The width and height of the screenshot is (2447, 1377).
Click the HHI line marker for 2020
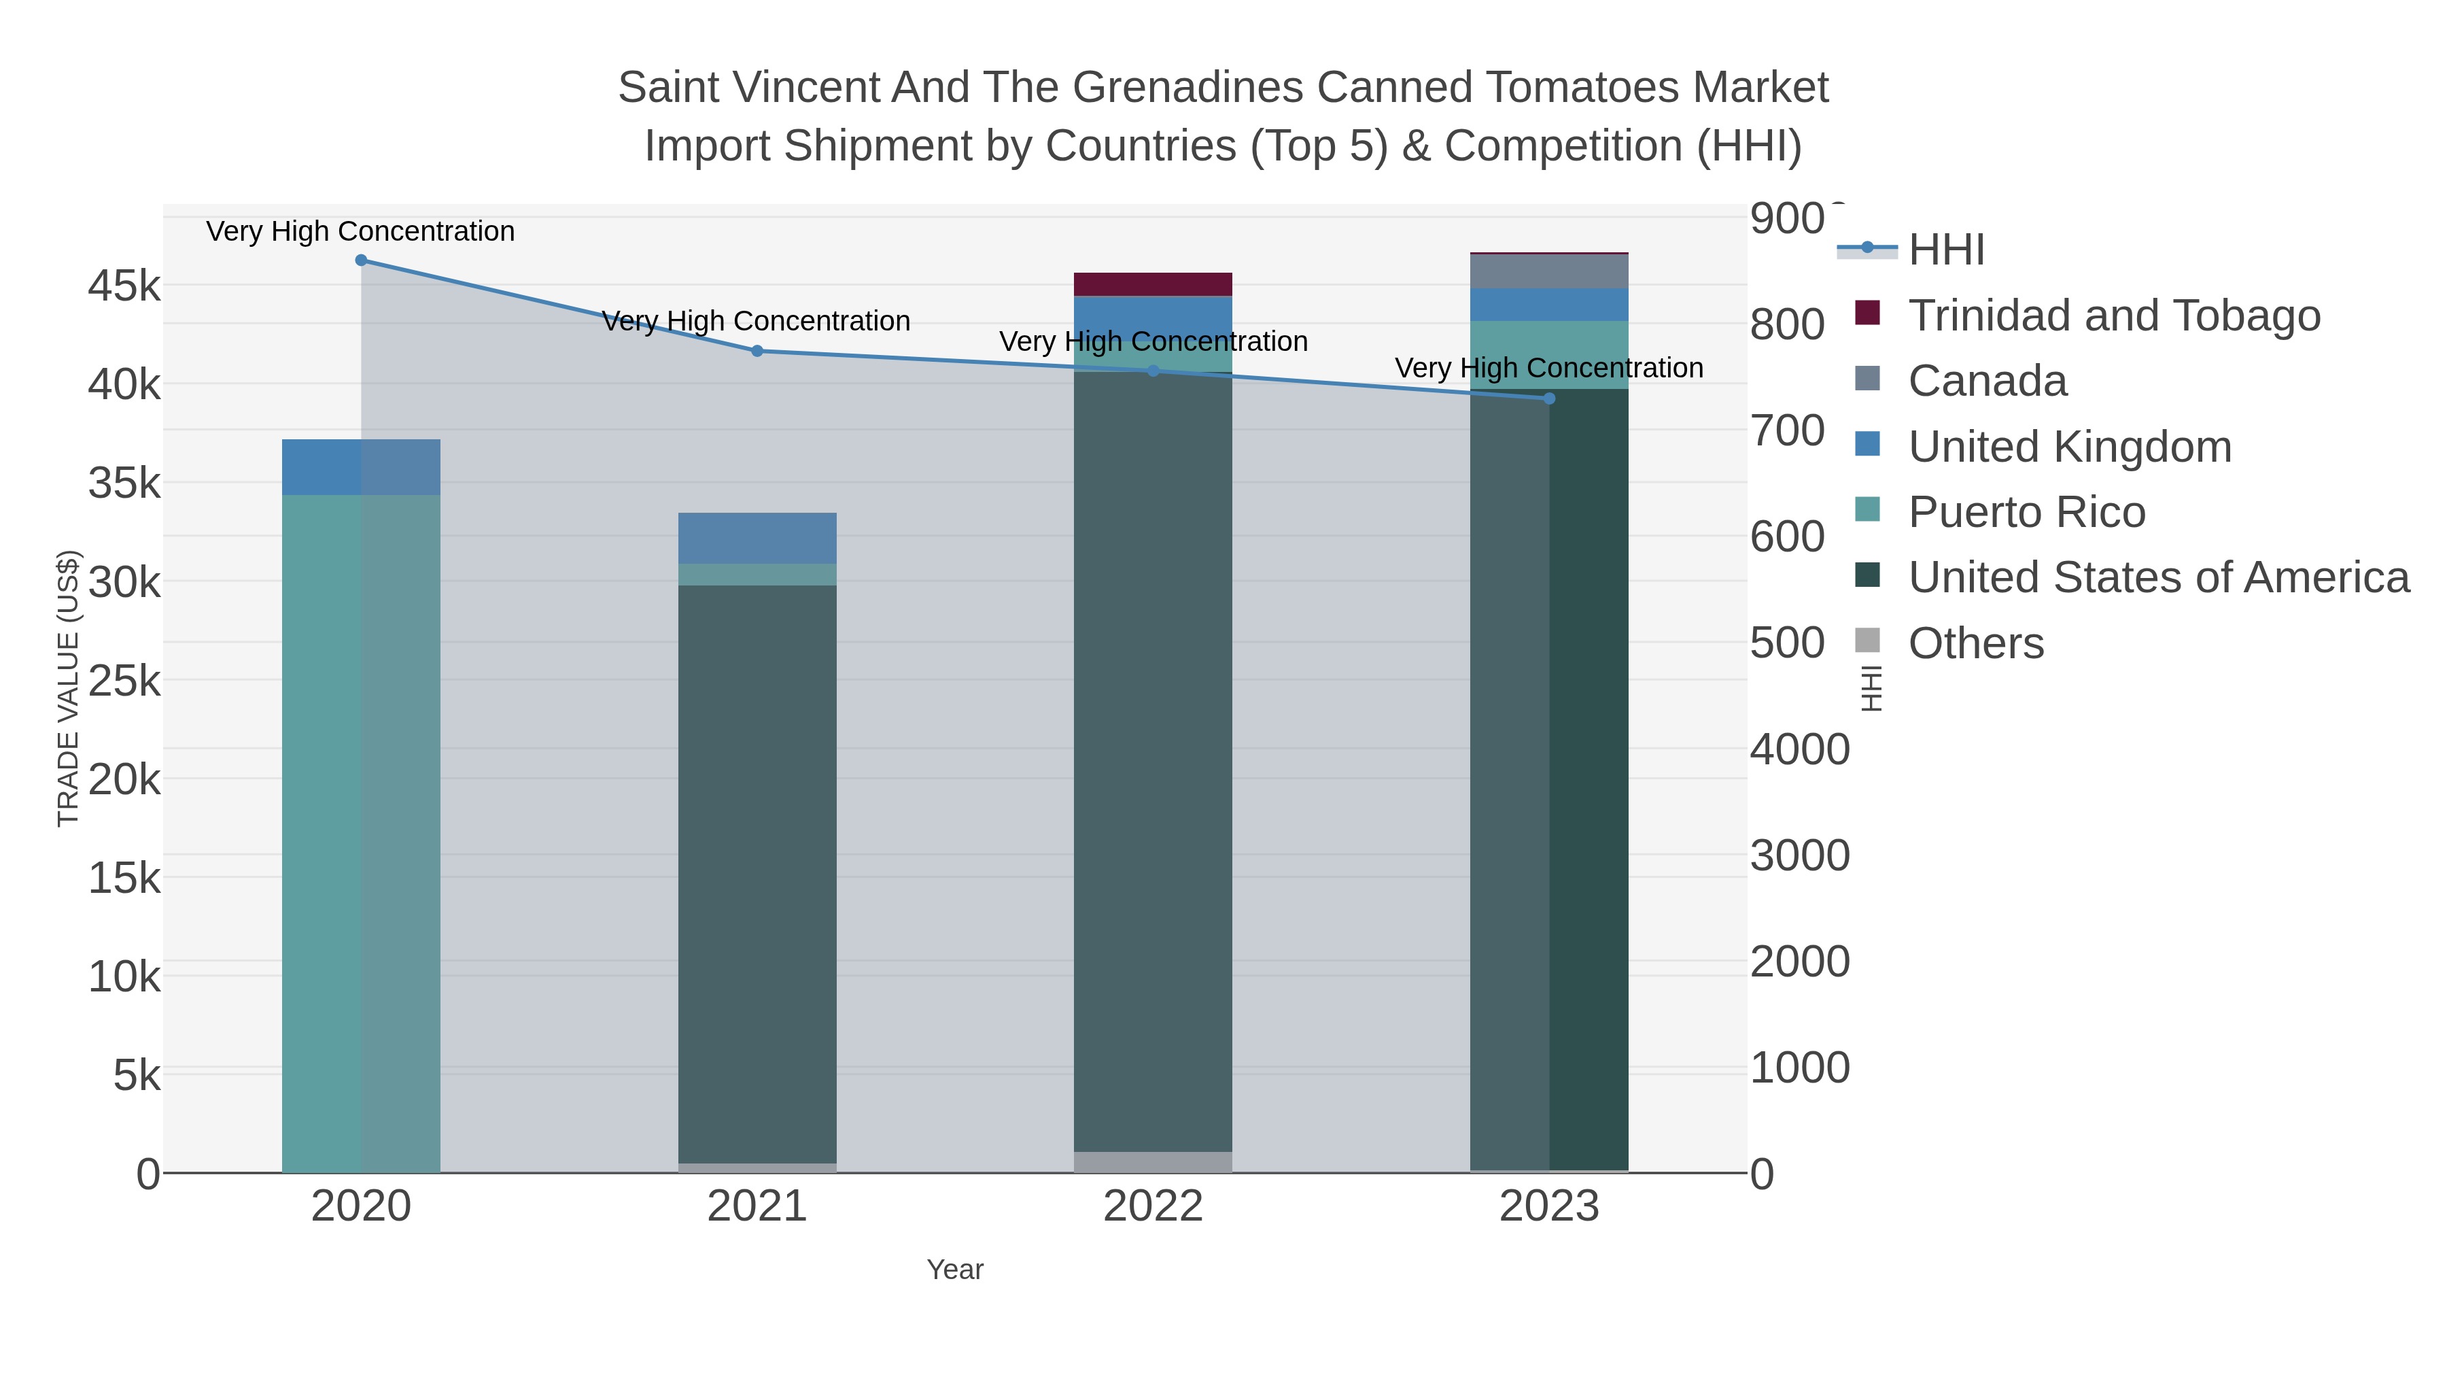coord(361,260)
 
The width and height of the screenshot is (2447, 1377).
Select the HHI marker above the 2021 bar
coord(757,351)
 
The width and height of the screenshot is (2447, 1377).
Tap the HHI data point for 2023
coord(1549,398)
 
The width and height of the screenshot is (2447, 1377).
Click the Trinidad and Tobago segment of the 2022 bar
coord(1152,284)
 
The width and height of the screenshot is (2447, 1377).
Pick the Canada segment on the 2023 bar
coord(1548,272)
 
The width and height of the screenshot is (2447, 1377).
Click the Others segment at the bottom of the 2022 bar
coord(1152,1161)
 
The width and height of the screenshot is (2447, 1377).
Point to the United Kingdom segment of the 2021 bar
coord(757,538)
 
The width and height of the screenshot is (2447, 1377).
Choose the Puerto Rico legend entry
coord(2026,512)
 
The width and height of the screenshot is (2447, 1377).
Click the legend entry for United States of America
coord(2157,578)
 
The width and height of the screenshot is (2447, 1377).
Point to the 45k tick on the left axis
coord(124,285)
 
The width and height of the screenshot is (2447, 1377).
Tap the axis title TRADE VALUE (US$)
coord(69,688)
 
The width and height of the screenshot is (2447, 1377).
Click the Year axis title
coord(955,1270)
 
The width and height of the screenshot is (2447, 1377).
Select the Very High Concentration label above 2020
coord(361,231)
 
